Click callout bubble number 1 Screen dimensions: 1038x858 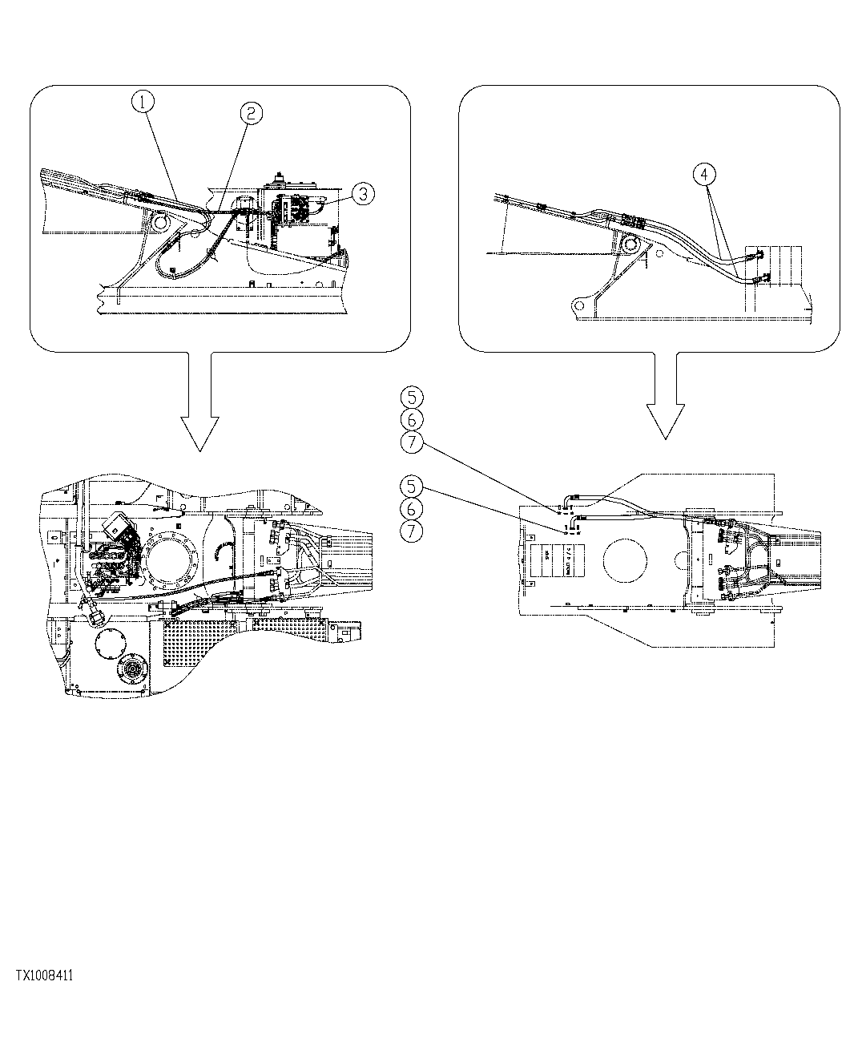pos(143,102)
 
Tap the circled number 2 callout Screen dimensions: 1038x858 pos(251,114)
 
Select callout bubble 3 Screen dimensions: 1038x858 pos(363,192)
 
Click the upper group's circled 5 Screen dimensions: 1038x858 pos(412,396)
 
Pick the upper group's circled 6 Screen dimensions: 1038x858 pos(412,418)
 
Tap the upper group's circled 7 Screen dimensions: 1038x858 pos(412,441)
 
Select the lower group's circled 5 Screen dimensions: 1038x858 pos(412,486)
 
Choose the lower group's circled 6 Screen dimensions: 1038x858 pos(412,508)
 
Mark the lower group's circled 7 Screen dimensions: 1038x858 pos(412,531)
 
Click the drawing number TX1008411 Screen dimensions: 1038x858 pos(44,975)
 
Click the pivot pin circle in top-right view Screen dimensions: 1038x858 pos(630,244)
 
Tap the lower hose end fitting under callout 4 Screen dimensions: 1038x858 pos(756,279)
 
